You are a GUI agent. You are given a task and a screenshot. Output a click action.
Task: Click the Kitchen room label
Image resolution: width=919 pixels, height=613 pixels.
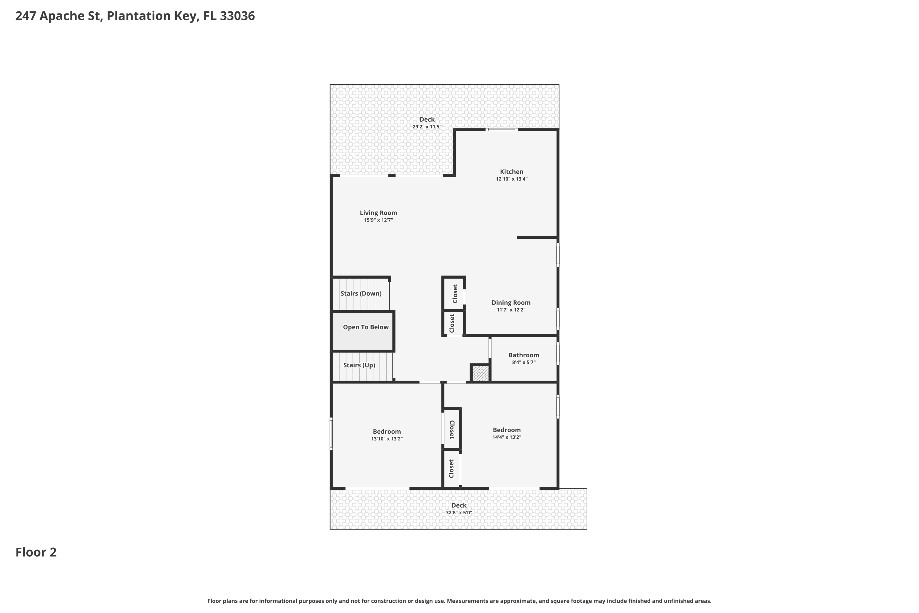(512, 172)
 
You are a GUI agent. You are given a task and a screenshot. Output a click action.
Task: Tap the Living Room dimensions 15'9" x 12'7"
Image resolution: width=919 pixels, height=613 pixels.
(378, 220)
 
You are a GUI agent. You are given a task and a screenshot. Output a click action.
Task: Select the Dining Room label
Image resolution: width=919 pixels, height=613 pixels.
(511, 303)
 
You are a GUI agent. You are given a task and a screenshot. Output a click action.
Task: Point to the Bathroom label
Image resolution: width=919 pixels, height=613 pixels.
(524, 355)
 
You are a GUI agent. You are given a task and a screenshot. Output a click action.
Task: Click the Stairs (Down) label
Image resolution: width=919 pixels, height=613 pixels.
(361, 294)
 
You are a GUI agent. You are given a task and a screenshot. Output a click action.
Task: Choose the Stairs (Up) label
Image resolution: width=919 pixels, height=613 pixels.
(359, 365)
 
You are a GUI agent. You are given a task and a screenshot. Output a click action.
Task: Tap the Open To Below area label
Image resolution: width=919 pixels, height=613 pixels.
(366, 327)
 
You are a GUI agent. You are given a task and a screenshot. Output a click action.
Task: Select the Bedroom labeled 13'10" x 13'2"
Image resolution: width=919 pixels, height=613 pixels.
(386, 432)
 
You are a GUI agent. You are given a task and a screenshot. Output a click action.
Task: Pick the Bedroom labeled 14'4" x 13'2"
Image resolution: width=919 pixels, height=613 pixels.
(506, 430)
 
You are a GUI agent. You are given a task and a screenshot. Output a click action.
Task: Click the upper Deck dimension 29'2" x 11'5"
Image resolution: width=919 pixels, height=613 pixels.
(427, 127)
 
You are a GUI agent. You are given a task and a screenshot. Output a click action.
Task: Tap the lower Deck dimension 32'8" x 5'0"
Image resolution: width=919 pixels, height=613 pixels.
(459, 512)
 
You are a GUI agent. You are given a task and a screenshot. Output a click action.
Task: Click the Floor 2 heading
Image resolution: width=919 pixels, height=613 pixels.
(36, 552)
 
